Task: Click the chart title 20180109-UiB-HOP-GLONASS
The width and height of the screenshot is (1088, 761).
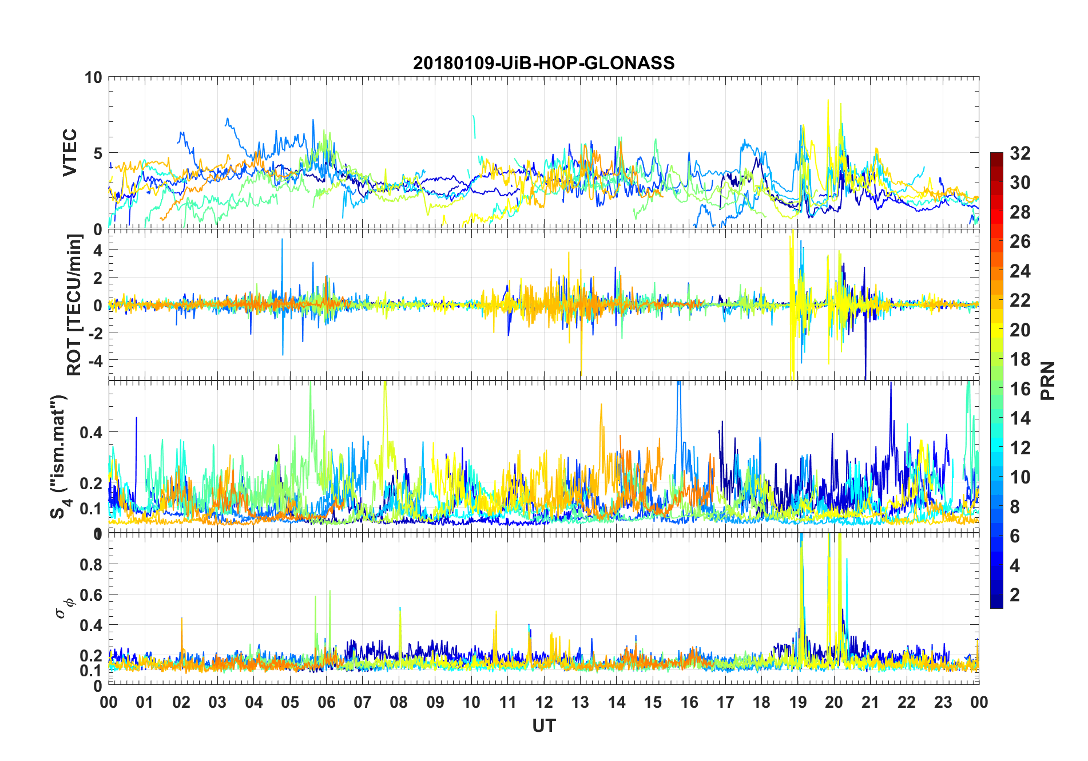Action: click(543, 62)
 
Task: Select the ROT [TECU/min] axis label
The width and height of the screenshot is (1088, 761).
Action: click(74, 304)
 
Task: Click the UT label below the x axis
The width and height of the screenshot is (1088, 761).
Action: click(543, 726)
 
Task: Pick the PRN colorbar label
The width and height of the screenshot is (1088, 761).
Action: click(1047, 380)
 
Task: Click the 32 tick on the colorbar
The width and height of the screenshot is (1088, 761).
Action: click(1020, 153)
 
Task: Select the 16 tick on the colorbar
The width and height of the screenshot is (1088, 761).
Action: click(1020, 389)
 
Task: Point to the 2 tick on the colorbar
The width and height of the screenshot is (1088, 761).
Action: click(1015, 594)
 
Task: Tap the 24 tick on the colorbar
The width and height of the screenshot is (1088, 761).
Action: click(1020, 271)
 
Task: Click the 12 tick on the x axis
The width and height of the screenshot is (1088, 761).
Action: click(544, 702)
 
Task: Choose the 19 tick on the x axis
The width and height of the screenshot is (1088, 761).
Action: click(798, 702)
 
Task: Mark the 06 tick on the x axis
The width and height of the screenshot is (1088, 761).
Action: click(326, 702)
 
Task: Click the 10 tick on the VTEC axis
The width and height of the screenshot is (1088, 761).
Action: click(93, 77)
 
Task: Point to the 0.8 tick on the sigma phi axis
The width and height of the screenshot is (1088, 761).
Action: click(92, 564)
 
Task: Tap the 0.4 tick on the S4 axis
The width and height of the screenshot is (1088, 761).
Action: click(92, 432)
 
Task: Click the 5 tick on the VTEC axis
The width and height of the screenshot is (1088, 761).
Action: click(97, 153)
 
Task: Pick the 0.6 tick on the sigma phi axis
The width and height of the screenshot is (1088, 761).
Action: click(92, 594)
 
